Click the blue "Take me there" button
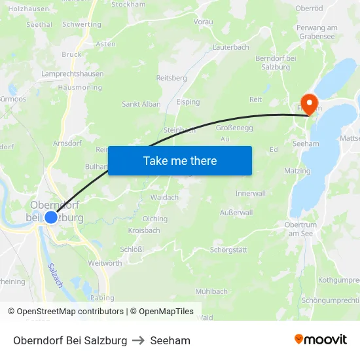click(179, 160)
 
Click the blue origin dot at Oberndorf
click(51, 217)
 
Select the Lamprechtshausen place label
click(72, 74)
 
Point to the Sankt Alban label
click(141, 104)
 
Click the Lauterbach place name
click(230, 47)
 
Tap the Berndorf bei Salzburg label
click(278, 63)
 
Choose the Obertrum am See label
click(301, 229)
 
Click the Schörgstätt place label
click(228, 250)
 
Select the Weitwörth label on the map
click(105, 263)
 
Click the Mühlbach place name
click(211, 291)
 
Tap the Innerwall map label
click(251, 194)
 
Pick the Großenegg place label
click(234, 128)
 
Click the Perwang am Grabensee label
click(317, 32)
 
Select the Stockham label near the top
click(128, 4)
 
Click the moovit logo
click(320, 340)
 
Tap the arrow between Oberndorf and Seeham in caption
click(139, 340)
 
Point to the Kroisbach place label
click(144, 230)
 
